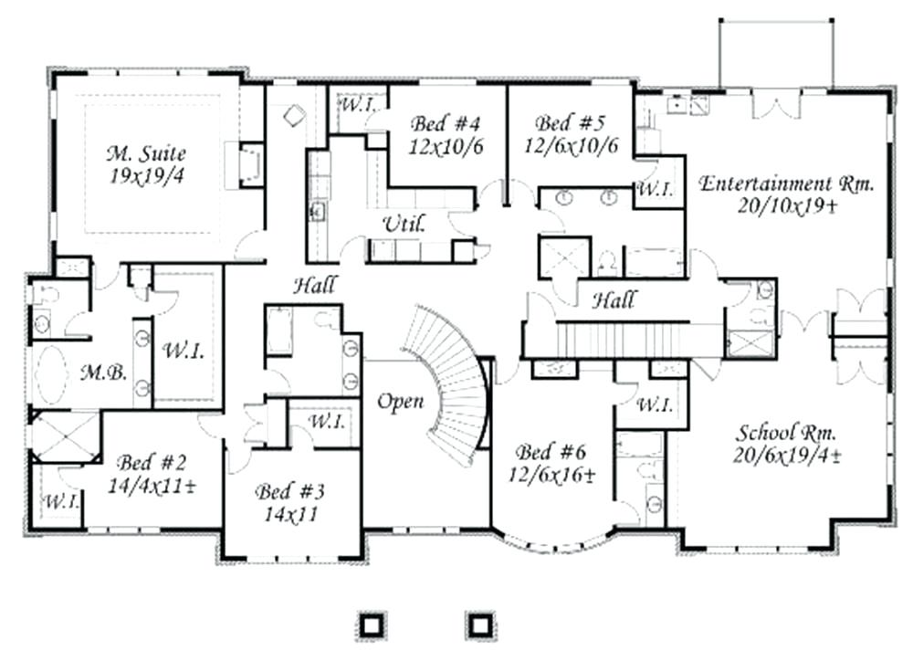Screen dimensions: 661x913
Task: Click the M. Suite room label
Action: tap(147, 152)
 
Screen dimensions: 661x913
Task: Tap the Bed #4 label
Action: tap(446, 123)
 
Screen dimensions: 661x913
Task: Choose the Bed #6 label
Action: tap(551, 452)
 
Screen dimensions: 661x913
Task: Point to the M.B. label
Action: tap(96, 372)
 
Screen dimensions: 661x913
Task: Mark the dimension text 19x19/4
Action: tap(147, 176)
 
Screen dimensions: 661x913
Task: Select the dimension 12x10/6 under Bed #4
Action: tap(446, 145)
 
